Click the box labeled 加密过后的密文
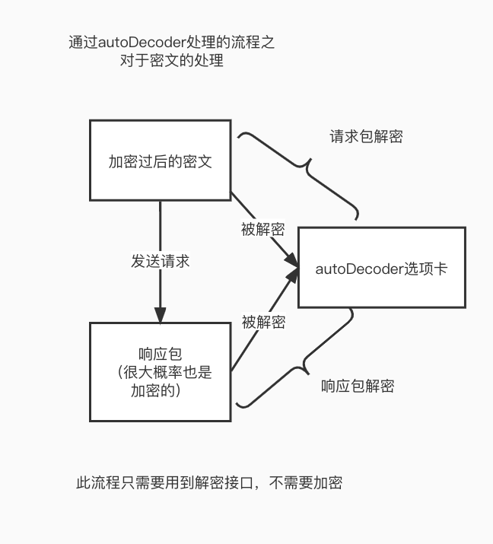160,161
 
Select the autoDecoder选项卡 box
380,267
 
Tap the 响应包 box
160,371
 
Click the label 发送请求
160,261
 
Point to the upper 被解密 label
262,229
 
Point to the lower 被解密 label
263,322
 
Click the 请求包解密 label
366,137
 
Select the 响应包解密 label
358,386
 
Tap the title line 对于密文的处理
171,61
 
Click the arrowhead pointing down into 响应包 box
160,314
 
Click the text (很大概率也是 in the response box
160,373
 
